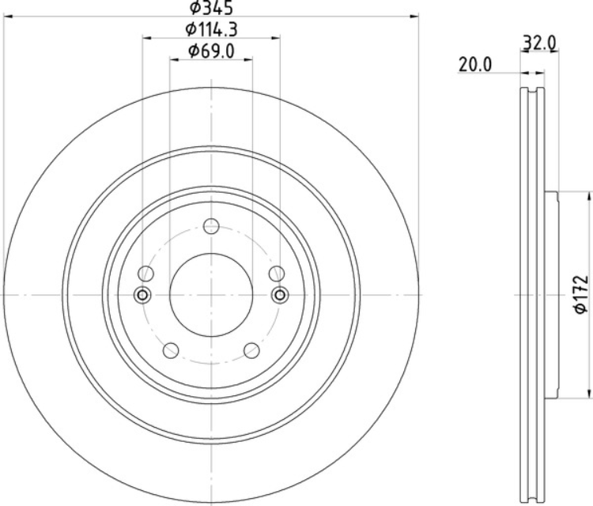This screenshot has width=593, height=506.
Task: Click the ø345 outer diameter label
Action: [x=211, y=8]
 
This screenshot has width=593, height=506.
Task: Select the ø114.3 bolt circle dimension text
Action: [x=211, y=29]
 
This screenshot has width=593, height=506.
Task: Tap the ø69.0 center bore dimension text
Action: [x=211, y=51]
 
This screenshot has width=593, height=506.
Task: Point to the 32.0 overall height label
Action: [x=539, y=43]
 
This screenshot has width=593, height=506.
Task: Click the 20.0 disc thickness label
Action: [x=475, y=65]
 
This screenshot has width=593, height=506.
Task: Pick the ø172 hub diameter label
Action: [x=581, y=295]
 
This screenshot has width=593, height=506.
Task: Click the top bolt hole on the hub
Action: [x=211, y=226]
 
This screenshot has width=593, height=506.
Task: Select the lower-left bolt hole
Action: [x=171, y=350]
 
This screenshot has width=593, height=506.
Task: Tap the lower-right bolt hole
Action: [x=251, y=350]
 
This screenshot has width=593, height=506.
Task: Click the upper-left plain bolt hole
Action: [x=145, y=274]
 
